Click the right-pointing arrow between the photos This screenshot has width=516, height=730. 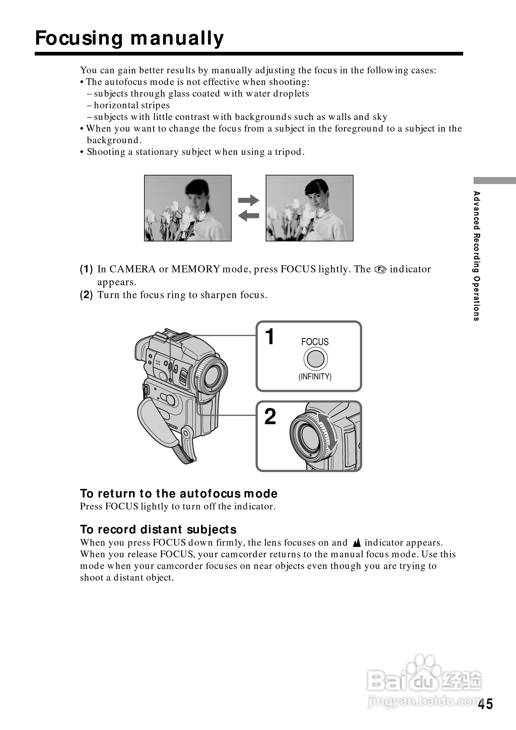(248, 200)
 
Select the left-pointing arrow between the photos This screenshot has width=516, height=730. (248, 216)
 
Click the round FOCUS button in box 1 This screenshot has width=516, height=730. (315, 359)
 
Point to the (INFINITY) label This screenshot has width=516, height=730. (315, 377)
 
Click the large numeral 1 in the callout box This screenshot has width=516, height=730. (270, 337)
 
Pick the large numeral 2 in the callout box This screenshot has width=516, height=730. (270, 417)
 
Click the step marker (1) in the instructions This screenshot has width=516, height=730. (86, 269)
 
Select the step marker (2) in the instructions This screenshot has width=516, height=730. (86, 295)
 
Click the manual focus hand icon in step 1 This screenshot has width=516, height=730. (380, 270)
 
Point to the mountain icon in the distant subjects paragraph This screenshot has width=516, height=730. (357, 543)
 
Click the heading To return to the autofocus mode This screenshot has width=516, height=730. (178, 494)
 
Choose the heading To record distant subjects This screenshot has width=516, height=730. (158, 530)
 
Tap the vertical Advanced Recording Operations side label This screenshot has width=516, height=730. (476, 256)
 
